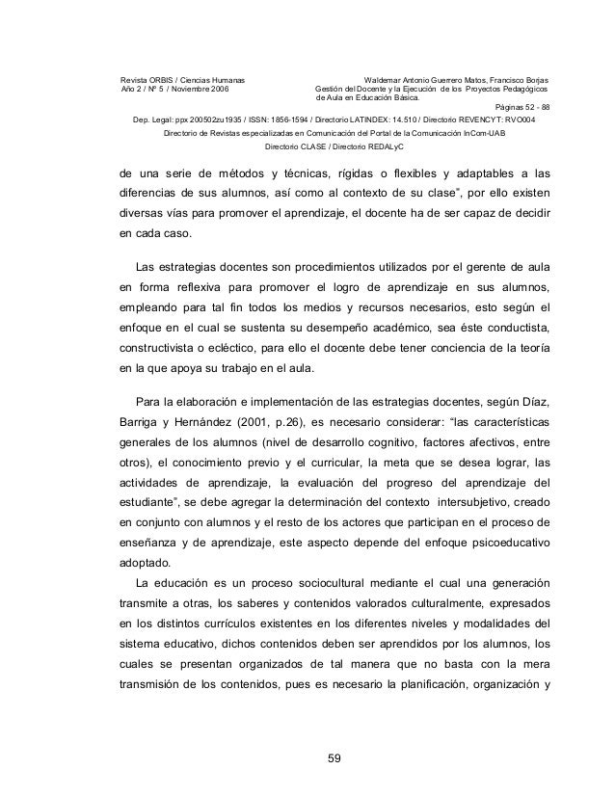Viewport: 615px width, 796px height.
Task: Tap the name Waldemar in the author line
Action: coord(387,78)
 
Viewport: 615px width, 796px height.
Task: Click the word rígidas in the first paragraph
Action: coord(352,173)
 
